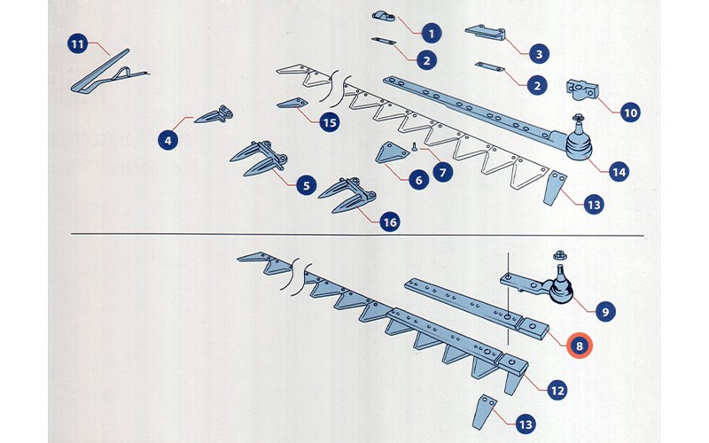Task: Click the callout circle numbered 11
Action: (x=78, y=43)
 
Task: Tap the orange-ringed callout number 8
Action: (x=580, y=346)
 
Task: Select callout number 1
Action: (x=432, y=34)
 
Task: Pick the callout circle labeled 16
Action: (x=389, y=222)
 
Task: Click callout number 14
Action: (x=619, y=172)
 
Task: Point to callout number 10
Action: (x=630, y=113)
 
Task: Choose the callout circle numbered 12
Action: (x=557, y=390)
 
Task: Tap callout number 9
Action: (x=605, y=312)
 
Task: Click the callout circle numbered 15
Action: (x=330, y=122)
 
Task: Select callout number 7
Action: (x=442, y=172)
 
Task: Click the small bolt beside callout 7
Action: (x=414, y=146)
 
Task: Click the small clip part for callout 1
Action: (x=384, y=17)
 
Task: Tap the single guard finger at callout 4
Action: (x=214, y=115)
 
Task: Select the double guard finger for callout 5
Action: (x=258, y=159)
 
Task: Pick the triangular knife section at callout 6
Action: (x=390, y=152)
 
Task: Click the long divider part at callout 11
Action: (x=108, y=73)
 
